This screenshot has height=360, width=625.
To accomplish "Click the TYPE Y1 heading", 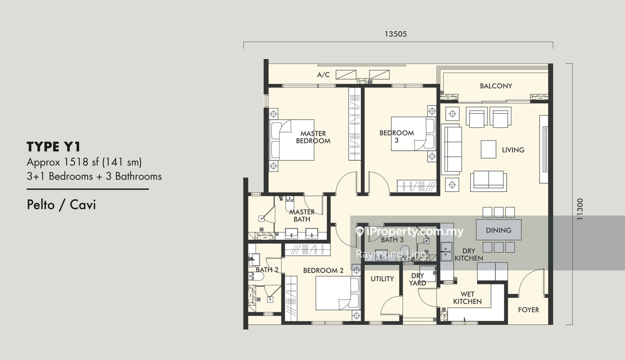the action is (x=53, y=146).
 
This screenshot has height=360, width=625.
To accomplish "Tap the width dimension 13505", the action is (x=396, y=34).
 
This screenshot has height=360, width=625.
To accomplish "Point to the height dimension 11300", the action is (x=580, y=209).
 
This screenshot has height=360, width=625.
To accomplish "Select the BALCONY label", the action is (x=496, y=86).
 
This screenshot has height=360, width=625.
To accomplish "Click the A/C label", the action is (x=323, y=75).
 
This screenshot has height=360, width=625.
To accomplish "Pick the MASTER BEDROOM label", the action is (x=313, y=137).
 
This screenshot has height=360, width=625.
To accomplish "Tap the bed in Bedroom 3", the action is (x=413, y=134).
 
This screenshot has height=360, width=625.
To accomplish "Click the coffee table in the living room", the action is (x=488, y=149).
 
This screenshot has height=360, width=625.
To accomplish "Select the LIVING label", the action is (x=513, y=150).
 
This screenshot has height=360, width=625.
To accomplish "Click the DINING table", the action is (x=499, y=230).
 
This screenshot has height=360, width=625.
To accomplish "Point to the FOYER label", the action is (x=529, y=310).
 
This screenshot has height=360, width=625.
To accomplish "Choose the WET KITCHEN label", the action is (x=467, y=298).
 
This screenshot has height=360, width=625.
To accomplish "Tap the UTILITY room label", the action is (x=382, y=279).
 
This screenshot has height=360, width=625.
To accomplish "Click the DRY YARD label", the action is (x=418, y=279).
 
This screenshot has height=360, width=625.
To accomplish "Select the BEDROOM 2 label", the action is (x=323, y=271).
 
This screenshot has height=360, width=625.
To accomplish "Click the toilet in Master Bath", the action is (x=289, y=204).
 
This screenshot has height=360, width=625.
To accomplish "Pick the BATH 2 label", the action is (x=267, y=270).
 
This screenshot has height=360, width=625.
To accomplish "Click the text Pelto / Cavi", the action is (x=61, y=205).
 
